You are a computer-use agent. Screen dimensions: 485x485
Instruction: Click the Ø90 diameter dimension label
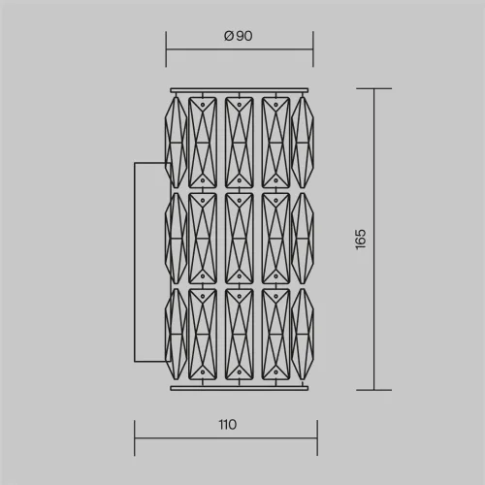239,36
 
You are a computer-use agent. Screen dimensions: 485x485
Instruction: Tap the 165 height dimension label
361,239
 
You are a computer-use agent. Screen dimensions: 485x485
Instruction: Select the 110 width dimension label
228,425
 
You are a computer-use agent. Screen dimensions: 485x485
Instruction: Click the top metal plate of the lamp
240,90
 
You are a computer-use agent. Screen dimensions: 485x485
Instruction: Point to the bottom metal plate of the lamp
240,388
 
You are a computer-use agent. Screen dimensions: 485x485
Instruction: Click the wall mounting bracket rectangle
135,262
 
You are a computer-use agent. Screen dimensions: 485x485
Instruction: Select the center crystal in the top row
240,143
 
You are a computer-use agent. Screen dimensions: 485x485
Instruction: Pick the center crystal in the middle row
240,239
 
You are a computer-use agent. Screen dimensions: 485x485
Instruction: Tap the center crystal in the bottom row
240,335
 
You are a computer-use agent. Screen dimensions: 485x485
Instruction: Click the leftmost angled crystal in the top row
176,143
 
